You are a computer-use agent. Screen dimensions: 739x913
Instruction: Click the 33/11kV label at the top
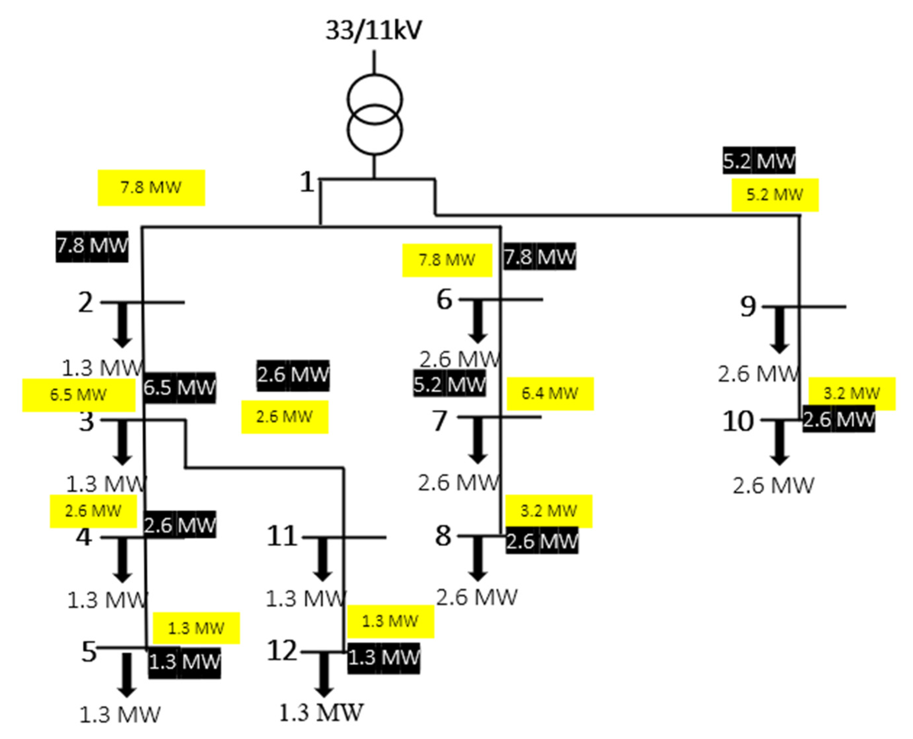click(x=374, y=31)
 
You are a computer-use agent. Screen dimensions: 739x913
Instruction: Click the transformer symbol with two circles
click(x=374, y=114)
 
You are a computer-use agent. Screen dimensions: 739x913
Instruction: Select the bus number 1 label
click(x=307, y=182)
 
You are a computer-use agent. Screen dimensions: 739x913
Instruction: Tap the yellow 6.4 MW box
click(x=550, y=393)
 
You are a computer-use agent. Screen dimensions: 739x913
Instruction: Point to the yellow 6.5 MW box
click(x=79, y=394)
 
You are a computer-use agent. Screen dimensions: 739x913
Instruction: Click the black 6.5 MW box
click(x=180, y=387)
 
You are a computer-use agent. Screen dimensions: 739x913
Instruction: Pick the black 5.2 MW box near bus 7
click(x=449, y=384)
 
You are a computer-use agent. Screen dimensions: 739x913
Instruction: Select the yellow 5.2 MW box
click(x=775, y=195)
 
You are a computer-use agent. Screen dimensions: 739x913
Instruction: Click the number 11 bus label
click(x=281, y=536)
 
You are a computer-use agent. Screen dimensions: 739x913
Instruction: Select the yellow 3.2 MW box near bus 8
click(x=549, y=511)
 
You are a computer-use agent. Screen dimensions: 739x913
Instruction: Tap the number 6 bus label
click(x=444, y=299)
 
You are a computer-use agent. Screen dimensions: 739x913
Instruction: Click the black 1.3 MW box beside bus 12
click(x=383, y=658)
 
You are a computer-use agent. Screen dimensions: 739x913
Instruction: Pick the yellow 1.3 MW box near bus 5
click(x=196, y=628)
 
